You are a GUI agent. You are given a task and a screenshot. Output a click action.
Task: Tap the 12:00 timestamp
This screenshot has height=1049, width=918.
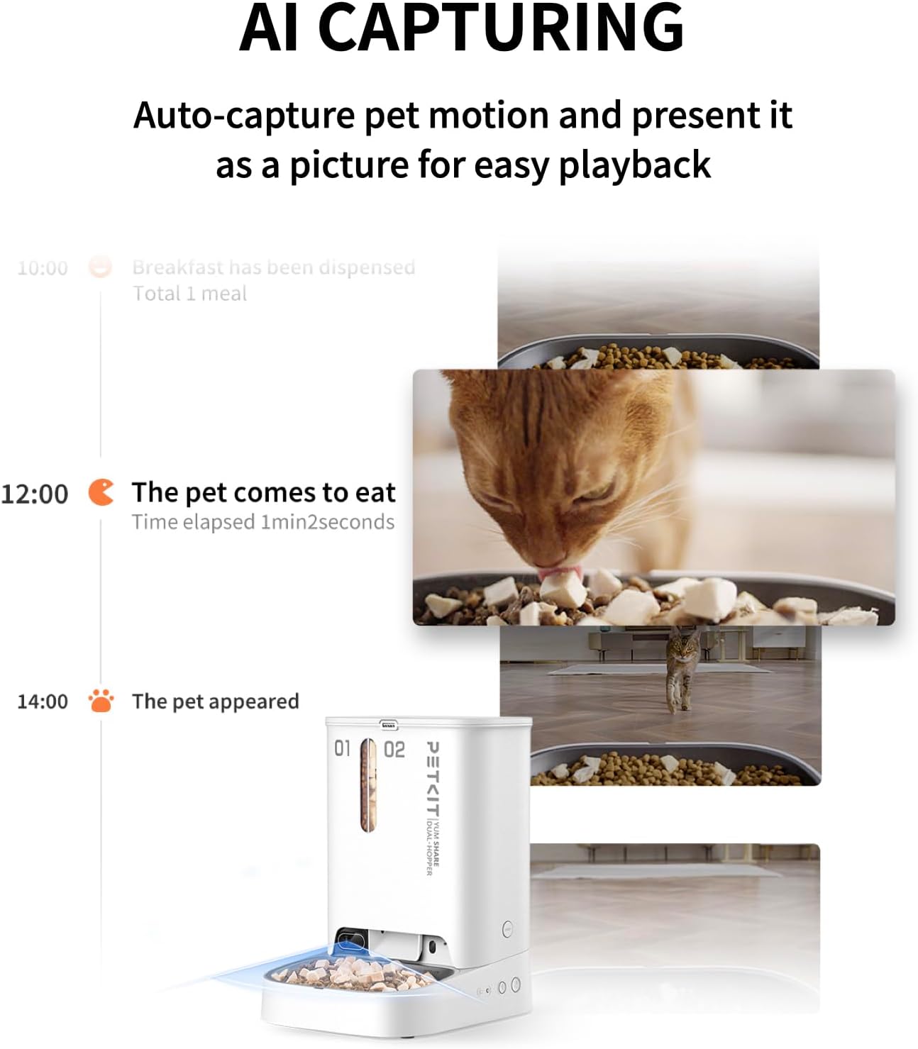(35, 494)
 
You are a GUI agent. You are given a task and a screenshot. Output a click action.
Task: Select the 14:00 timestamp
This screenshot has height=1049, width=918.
(43, 701)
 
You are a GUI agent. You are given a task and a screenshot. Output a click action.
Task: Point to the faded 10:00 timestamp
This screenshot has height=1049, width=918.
(43, 268)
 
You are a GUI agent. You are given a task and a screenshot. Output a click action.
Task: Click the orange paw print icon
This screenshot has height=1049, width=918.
(101, 701)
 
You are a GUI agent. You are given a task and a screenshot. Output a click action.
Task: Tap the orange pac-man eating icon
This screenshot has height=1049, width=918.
(101, 492)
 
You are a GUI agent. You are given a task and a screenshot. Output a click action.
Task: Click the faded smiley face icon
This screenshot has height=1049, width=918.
(100, 267)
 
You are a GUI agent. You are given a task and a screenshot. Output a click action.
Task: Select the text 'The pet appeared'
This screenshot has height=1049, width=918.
(215, 701)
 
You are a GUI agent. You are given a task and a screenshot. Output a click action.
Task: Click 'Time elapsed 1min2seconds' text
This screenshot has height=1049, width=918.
(262, 522)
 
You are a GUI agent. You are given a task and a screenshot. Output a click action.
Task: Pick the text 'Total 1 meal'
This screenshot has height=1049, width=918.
(189, 294)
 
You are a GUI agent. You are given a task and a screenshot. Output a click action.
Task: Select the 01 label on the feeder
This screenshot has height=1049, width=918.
(343, 748)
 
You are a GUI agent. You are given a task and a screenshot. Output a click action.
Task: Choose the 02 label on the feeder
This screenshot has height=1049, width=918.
(394, 750)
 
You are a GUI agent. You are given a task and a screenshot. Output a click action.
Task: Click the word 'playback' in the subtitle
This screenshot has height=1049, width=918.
(634, 165)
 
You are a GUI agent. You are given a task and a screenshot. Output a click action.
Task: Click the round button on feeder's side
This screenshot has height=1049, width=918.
(508, 928)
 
